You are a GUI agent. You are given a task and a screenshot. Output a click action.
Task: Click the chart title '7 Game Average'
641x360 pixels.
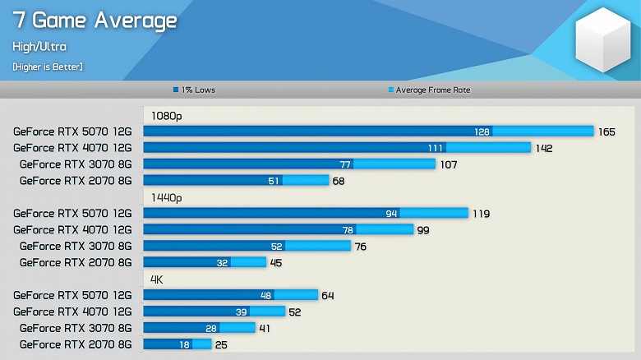(x=95, y=20)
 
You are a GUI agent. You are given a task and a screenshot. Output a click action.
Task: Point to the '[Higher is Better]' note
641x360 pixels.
(x=48, y=66)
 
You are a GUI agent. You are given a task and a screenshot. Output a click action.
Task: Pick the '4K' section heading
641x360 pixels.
(x=157, y=279)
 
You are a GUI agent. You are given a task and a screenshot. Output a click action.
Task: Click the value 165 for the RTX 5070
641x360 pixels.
(x=606, y=132)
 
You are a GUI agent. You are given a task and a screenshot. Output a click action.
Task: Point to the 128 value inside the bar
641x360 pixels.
(x=482, y=132)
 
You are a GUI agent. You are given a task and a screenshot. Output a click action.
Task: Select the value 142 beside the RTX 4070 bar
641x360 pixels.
(x=543, y=148)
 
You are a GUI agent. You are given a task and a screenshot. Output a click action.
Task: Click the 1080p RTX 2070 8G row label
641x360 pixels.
(x=75, y=180)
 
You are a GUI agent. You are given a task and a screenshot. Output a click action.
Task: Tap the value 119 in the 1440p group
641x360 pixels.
(x=481, y=214)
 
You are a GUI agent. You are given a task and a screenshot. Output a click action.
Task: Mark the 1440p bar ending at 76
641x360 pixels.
(x=247, y=246)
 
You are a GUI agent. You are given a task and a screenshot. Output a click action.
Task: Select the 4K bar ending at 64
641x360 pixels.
(x=230, y=295)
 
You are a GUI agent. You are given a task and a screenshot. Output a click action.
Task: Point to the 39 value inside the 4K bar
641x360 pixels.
(x=242, y=312)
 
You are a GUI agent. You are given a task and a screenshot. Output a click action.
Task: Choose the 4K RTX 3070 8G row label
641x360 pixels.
(x=75, y=328)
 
